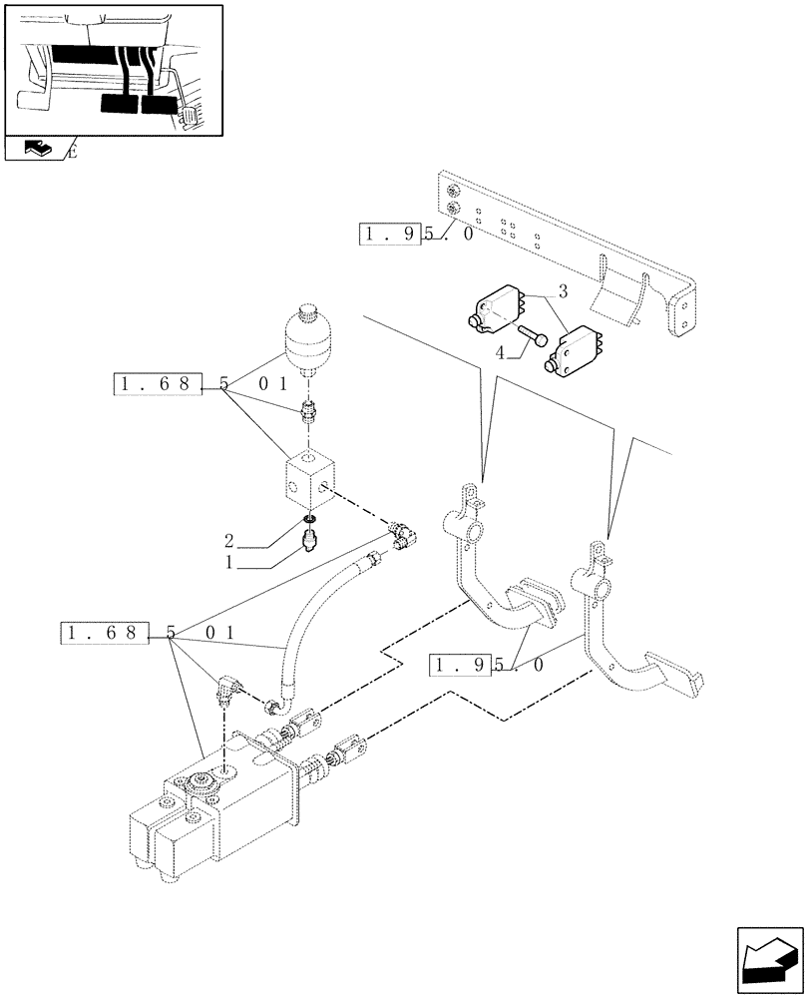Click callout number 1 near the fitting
click(x=230, y=563)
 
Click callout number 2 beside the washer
click(x=229, y=542)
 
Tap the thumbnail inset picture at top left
click(x=112, y=70)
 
